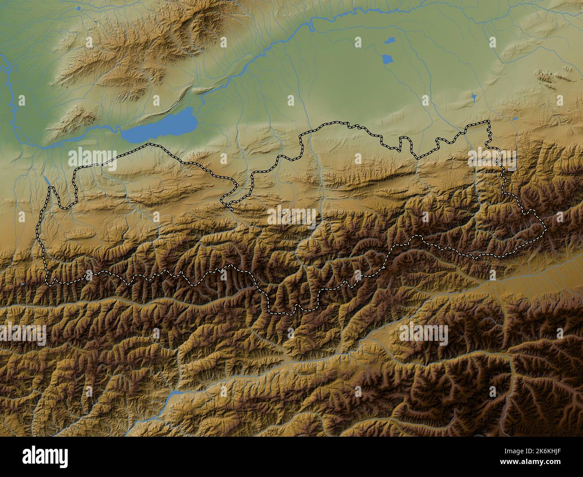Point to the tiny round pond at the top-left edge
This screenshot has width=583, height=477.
pyautogui.click(x=79, y=8)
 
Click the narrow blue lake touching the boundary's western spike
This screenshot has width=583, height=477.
pyautogui.click(x=47, y=180)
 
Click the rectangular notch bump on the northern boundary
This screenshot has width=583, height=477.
pyautogui.click(x=405, y=142)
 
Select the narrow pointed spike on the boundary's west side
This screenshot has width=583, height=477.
pyautogui.click(x=51, y=189)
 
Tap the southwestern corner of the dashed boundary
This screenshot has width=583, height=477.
pyautogui.click(x=49, y=283)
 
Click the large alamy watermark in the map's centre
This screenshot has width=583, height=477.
pyautogui.click(x=291, y=216)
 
